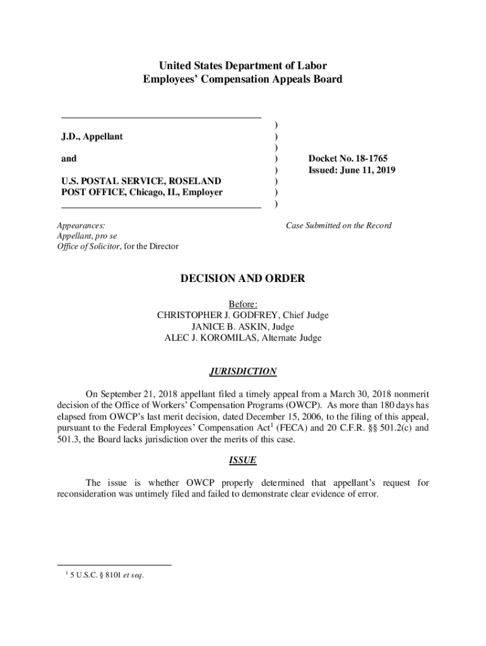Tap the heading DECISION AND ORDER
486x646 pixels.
pyautogui.click(x=243, y=278)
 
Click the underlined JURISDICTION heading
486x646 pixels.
pyautogui.click(x=243, y=372)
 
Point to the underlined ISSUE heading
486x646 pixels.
pyautogui.click(x=243, y=461)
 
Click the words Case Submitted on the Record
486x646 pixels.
pyautogui.click(x=338, y=225)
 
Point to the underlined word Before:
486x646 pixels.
pyautogui.click(x=243, y=304)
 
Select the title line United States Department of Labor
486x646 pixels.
pyautogui.click(x=243, y=66)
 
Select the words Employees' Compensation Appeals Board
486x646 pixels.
pyautogui.click(x=243, y=79)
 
